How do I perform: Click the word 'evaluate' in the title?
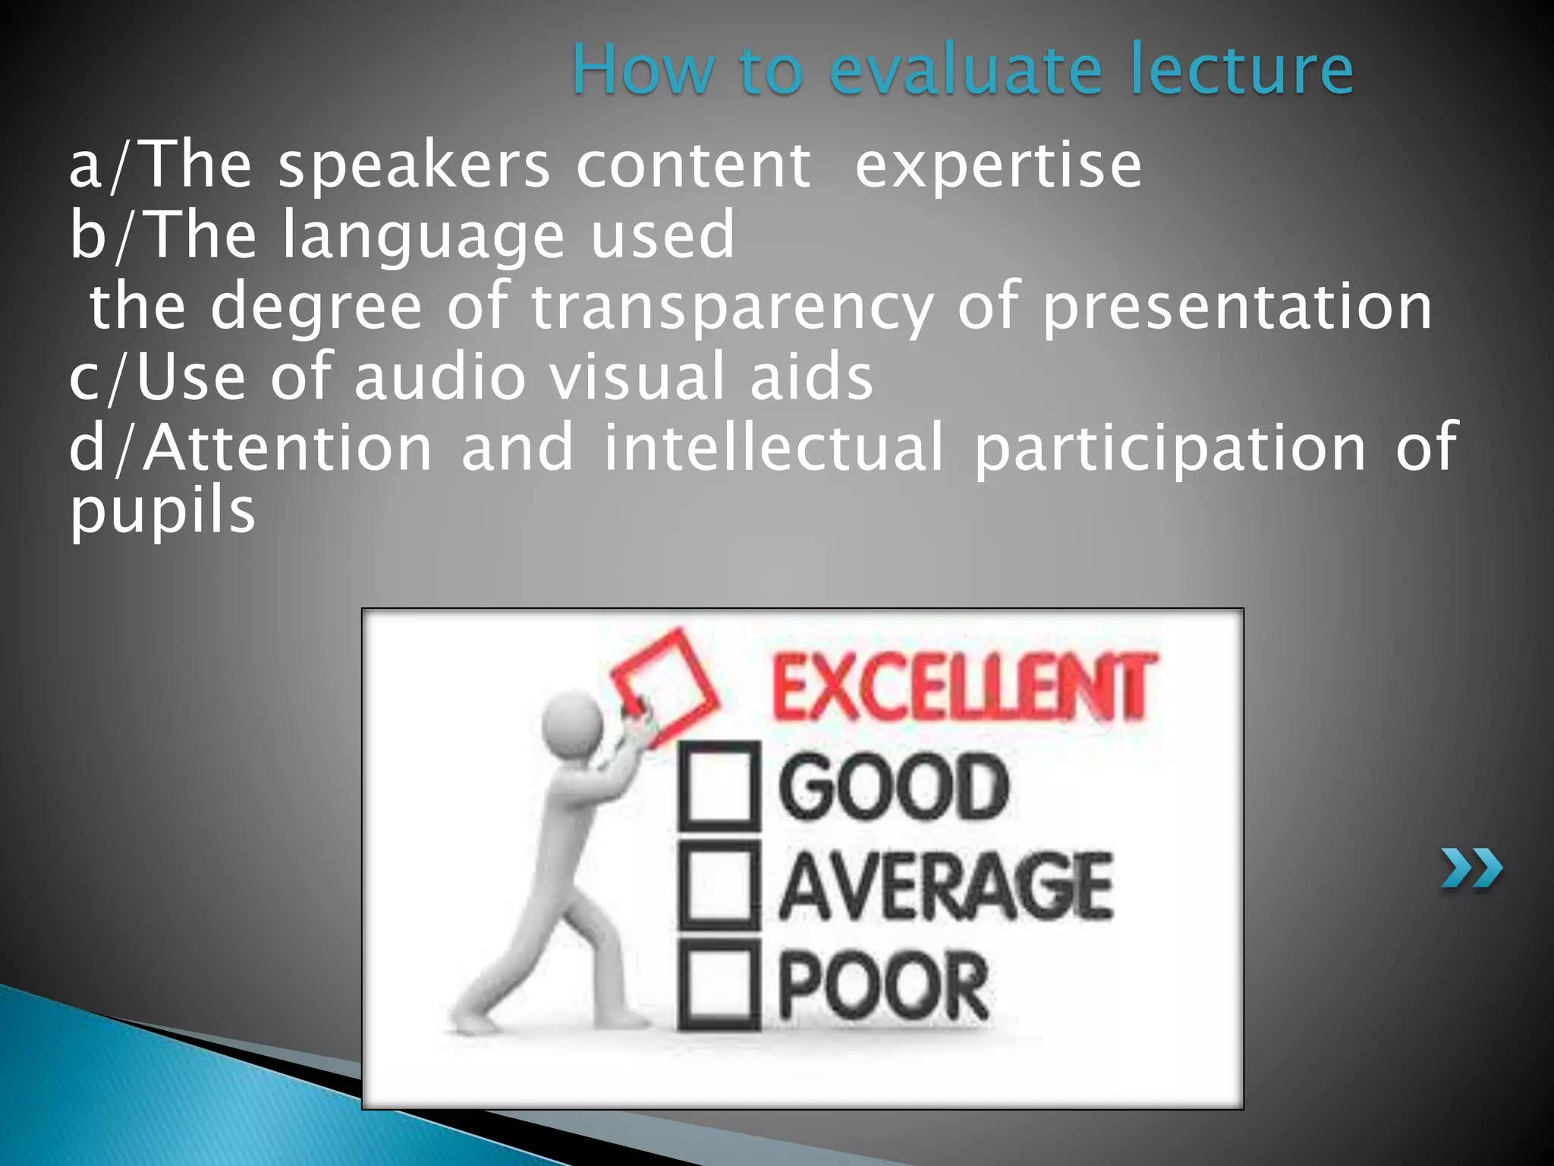pyautogui.click(x=964, y=70)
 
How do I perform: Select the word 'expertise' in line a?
pyautogui.click(x=998, y=166)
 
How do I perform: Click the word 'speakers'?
pyautogui.click(x=414, y=166)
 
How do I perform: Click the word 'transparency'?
pyautogui.click(x=731, y=307)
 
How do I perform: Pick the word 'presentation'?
pyautogui.click(x=1236, y=307)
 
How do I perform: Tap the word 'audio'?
pyautogui.click(x=440, y=377)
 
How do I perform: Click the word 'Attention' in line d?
pyautogui.click(x=288, y=448)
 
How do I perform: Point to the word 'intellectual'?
pyautogui.click(x=774, y=448)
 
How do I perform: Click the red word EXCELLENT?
pyautogui.click(x=964, y=687)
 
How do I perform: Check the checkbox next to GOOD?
pyautogui.click(x=718, y=786)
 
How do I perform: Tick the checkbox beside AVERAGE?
pyautogui.click(x=718, y=885)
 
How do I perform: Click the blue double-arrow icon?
pyautogui.click(x=1471, y=869)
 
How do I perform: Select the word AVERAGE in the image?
pyautogui.click(x=945, y=885)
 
